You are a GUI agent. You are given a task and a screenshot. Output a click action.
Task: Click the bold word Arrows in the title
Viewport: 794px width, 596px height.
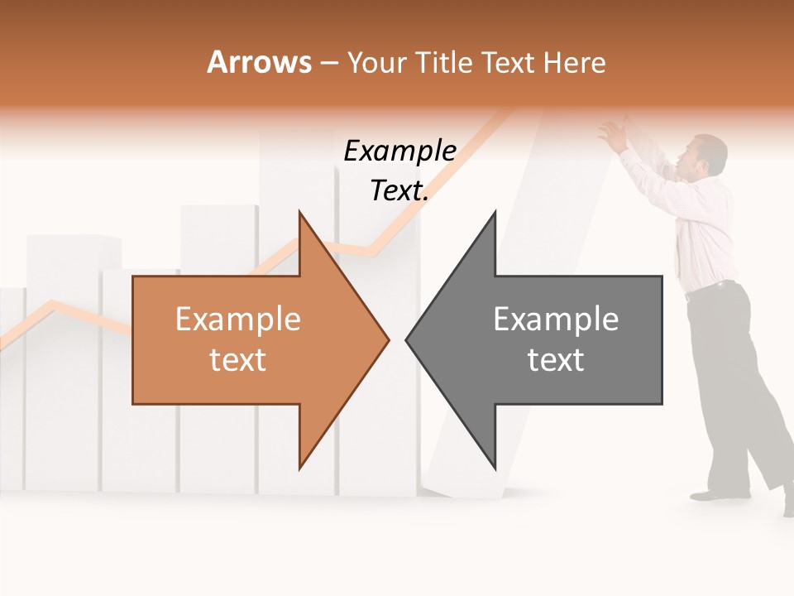coord(259,62)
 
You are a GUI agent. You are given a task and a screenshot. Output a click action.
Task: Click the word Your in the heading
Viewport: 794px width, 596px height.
coord(375,63)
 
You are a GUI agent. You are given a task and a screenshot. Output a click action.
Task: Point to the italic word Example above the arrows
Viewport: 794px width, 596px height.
coord(399,151)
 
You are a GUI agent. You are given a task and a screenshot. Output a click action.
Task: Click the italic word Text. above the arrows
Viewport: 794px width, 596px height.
coord(399,190)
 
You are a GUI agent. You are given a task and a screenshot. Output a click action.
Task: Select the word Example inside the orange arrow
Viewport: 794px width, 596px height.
coord(237,320)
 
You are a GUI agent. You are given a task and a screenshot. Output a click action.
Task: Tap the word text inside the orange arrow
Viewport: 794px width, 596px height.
coord(237,360)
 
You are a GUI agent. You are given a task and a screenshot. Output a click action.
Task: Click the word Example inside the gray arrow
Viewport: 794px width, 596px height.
coord(556,320)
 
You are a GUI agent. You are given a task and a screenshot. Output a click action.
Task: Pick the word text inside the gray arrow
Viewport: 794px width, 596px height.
coord(556,360)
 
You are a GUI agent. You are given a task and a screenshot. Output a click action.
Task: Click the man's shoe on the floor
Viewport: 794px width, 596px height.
coord(711,495)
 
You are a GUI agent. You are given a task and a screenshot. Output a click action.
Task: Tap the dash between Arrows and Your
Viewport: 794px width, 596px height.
coord(328,63)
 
